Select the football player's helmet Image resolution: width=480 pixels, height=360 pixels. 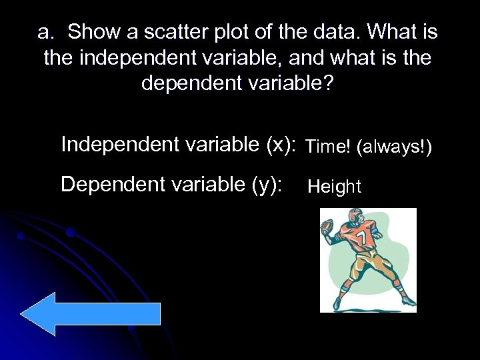351,218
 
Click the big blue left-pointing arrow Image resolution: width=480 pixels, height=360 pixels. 90,313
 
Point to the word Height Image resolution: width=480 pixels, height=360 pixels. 334,187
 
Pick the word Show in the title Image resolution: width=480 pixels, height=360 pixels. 92,31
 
